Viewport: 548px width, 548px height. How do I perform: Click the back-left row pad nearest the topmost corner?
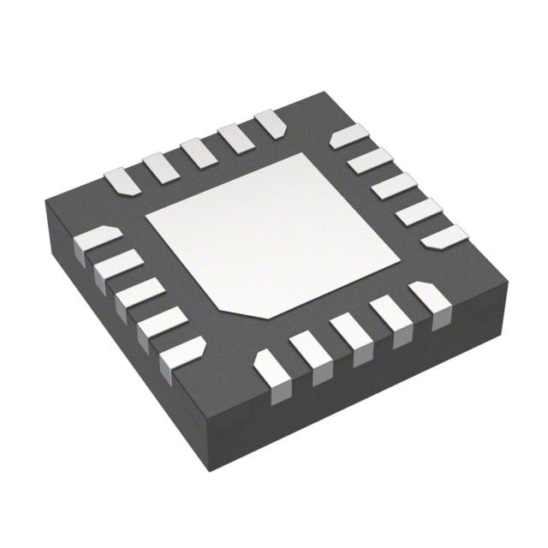click(x=271, y=123)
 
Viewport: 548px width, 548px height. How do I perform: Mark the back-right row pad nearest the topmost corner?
click(x=348, y=135)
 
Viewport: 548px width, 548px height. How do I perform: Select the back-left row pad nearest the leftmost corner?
click(x=120, y=181)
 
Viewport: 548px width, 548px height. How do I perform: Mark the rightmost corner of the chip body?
click(x=508, y=283)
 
